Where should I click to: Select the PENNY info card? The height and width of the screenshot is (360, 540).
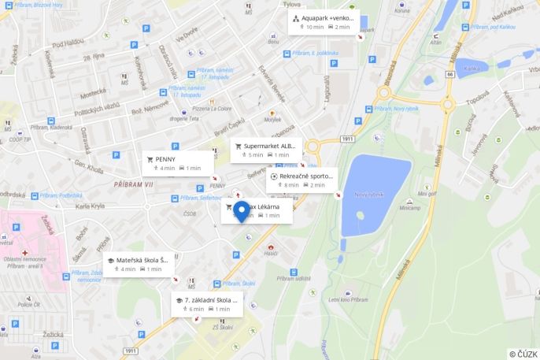point(179,163)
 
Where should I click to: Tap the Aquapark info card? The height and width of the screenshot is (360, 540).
point(322,22)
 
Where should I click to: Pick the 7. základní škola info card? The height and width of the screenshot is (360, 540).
point(207,304)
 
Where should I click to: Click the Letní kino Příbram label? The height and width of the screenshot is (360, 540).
point(348,299)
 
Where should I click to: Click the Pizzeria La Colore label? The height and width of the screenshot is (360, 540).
point(213,108)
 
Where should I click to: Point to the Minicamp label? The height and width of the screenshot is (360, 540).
point(410,208)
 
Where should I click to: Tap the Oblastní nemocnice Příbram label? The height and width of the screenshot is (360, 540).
point(24,262)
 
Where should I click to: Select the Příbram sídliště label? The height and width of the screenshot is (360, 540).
point(294,278)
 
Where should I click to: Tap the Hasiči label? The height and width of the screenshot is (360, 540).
point(270,253)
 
